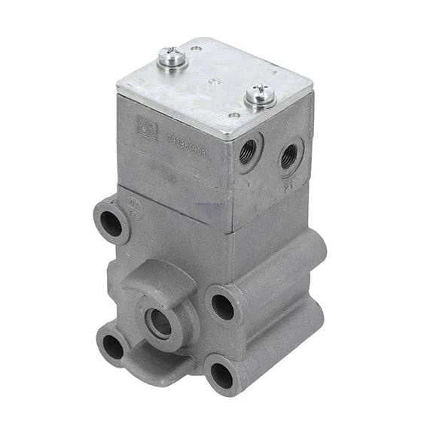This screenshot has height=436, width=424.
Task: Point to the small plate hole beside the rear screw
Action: pyautogui.click(x=196, y=50)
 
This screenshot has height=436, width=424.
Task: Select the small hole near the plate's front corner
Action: pyautogui.click(x=233, y=116)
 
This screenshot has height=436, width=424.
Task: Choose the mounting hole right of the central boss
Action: pyautogui.click(x=222, y=305)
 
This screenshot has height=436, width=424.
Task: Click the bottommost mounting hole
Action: pyautogui.click(x=221, y=374)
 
